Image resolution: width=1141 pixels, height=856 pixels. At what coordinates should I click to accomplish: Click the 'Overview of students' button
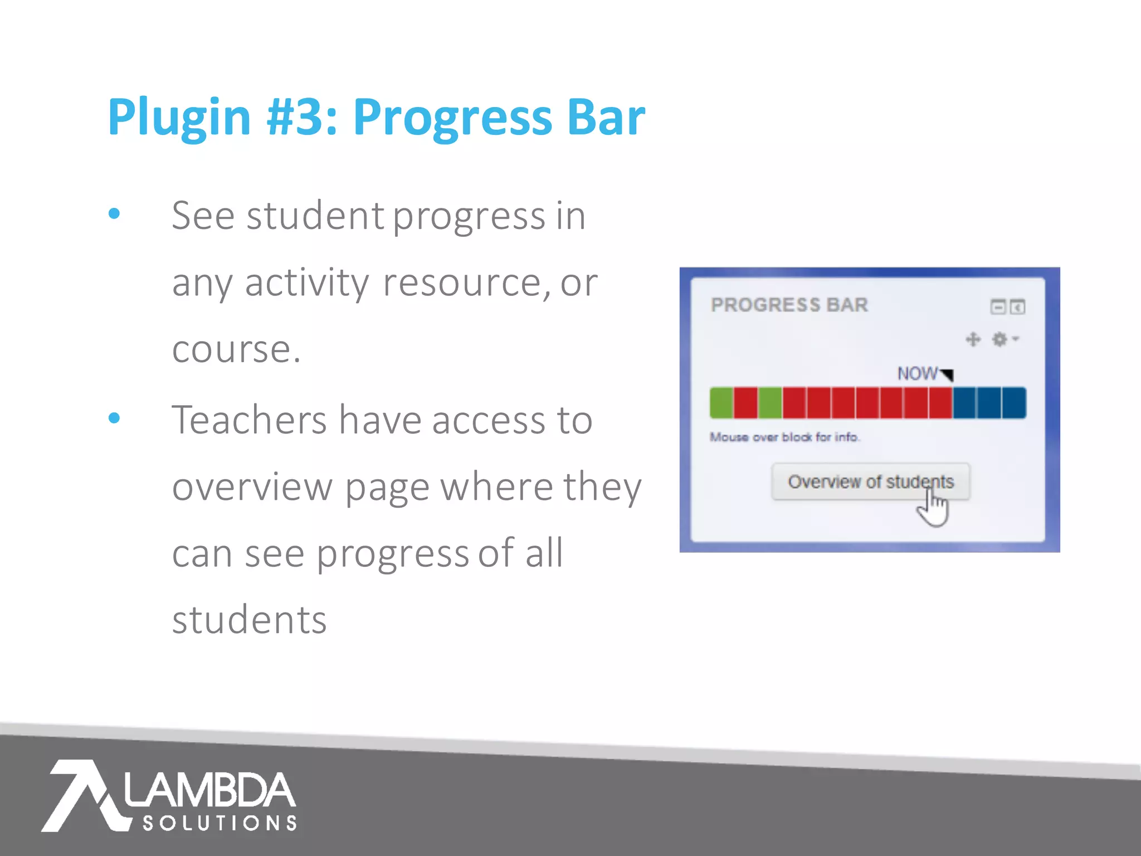pyautogui.click(x=870, y=481)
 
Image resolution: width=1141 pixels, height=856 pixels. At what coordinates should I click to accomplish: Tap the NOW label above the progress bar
pyautogui.click(x=917, y=373)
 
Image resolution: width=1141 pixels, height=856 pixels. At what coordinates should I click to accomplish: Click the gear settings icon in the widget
pyautogui.click(x=1000, y=339)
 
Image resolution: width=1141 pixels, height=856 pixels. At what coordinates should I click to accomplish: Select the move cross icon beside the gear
pyautogui.click(x=973, y=339)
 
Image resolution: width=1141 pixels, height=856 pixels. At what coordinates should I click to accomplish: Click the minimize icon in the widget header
pyautogui.click(x=998, y=307)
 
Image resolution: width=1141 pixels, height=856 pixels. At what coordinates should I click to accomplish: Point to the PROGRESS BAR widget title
pyautogui.click(x=789, y=305)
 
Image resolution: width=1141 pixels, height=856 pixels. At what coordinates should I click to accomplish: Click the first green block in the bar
pyautogui.click(x=721, y=403)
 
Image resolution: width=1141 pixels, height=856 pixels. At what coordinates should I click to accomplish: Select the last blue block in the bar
pyautogui.click(x=1014, y=403)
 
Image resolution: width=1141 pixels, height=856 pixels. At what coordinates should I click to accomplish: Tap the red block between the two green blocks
pyautogui.click(x=746, y=403)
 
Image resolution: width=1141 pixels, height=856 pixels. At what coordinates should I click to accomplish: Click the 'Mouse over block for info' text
pyautogui.click(x=784, y=437)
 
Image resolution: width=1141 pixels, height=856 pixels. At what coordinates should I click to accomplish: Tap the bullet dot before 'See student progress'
pyautogui.click(x=114, y=213)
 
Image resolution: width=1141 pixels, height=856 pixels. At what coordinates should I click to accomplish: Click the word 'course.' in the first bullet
pyautogui.click(x=236, y=350)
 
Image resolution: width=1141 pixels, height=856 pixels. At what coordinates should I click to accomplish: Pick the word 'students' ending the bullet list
pyautogui.click(x=249, y=620)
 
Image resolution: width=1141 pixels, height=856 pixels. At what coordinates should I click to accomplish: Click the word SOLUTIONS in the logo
pyautogui.click(x=220, y=823)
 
